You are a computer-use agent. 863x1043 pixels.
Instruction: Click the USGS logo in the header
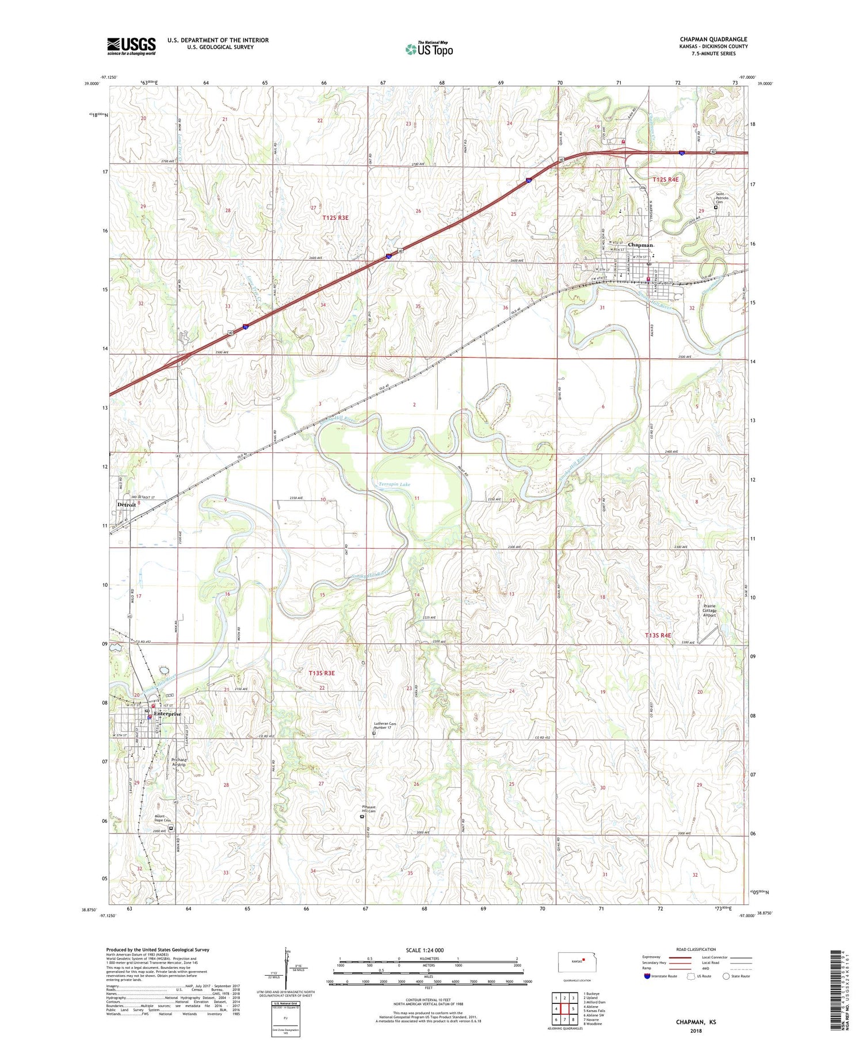[131, 46]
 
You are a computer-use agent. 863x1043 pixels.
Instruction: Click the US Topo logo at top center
[429, 49]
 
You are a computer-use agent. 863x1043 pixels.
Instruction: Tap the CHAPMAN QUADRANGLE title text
[713, 39]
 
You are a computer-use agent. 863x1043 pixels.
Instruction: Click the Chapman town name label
[640, 245]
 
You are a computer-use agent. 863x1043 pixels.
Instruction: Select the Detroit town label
[127, 505]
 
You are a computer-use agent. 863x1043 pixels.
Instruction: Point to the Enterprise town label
[167, 714]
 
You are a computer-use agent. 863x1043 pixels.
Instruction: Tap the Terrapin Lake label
[394, 484]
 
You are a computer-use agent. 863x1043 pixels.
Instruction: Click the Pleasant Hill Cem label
[368, 809]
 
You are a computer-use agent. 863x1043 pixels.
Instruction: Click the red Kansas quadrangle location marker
[583, 959]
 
